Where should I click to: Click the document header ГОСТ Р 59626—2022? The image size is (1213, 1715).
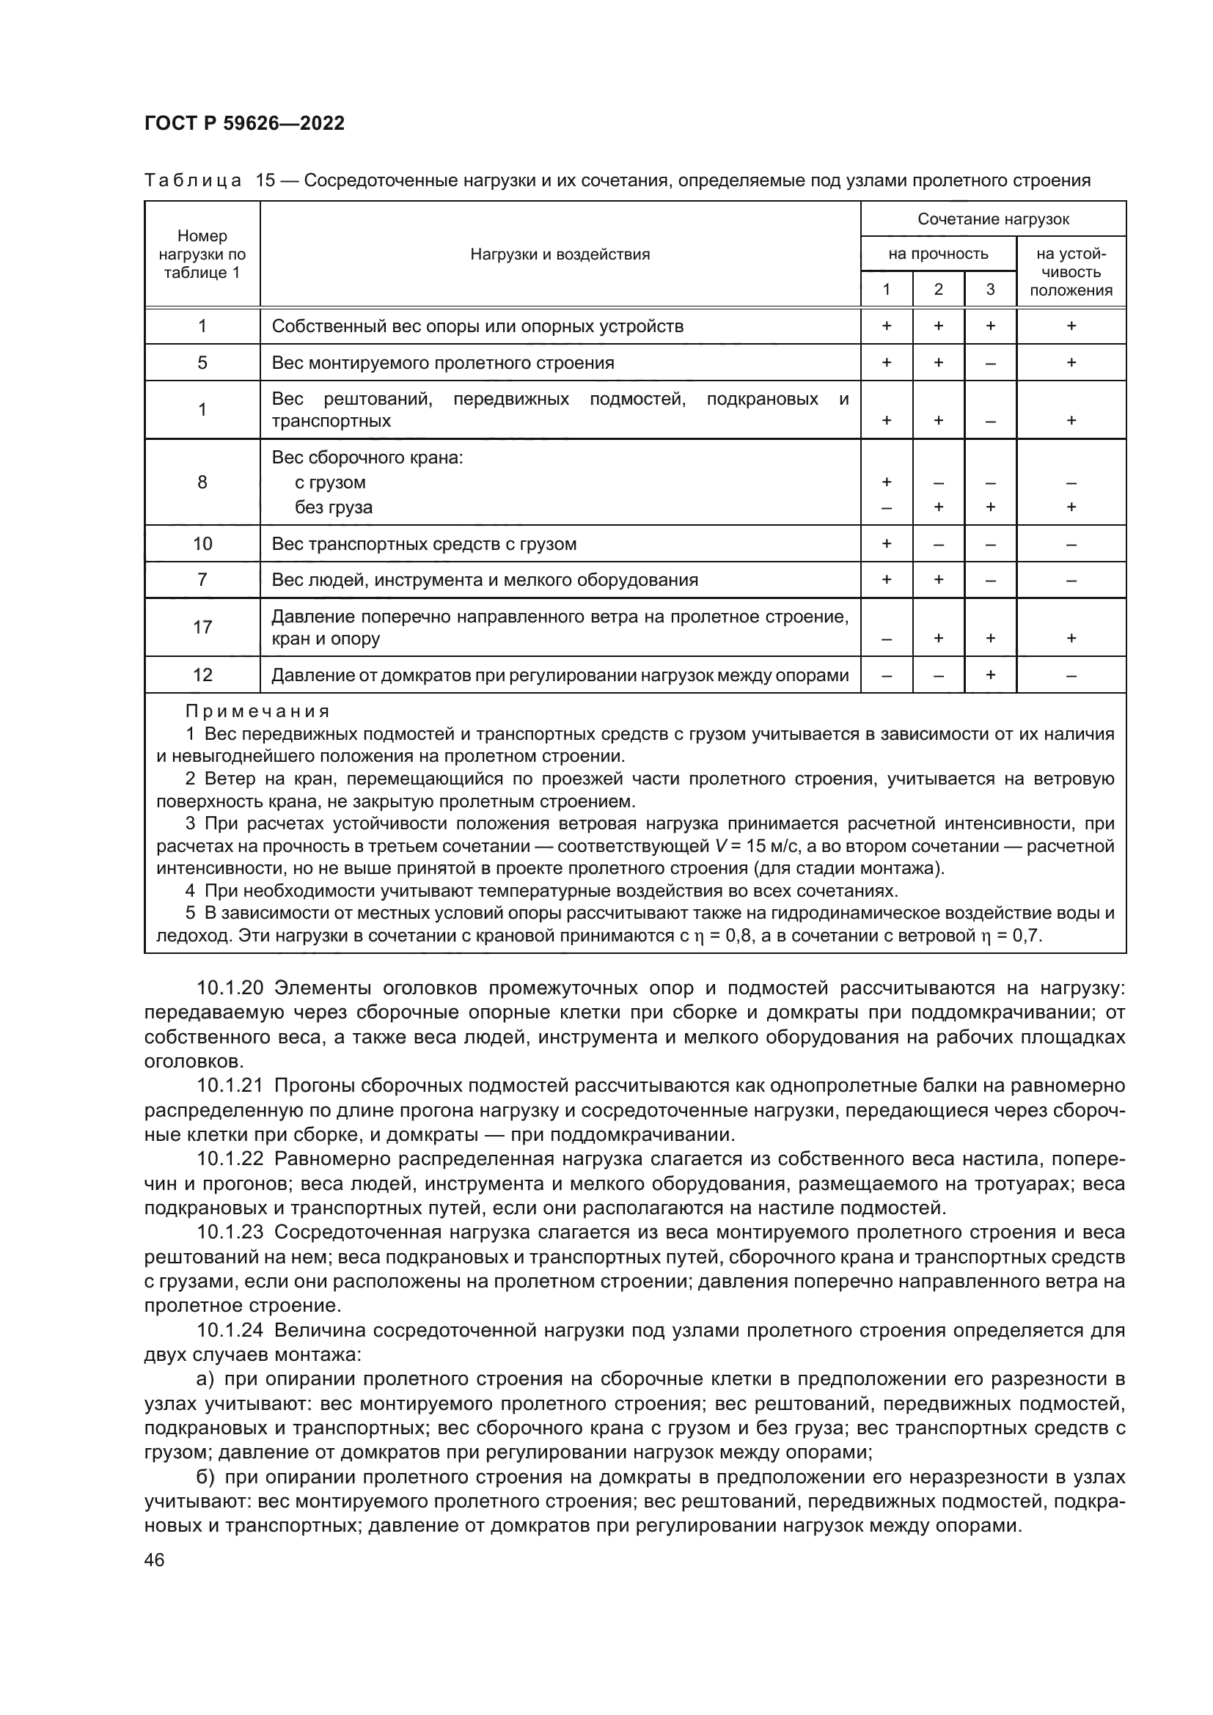(244, 124)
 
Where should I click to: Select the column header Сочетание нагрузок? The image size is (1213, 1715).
(993, 218)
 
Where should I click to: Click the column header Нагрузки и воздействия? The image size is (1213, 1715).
(560, 254)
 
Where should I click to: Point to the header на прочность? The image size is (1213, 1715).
(937, 254)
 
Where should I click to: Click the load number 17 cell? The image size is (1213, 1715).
(202, 627)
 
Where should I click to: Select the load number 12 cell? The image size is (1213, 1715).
(202, 675)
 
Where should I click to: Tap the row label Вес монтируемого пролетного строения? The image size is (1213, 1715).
(443, 363)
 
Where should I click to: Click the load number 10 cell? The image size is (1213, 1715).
(202, 544)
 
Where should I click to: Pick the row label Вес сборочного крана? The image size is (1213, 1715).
(367, 457)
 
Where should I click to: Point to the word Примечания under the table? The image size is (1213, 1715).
(257, 711)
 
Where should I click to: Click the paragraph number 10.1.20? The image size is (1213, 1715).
(230, 988)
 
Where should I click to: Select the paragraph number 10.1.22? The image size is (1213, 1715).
(230, 1159)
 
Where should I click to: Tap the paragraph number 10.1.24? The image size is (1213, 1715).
(230, 1330)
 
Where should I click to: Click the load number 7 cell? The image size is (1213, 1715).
(202, 581)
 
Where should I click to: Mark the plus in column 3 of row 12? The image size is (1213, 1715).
(989, 675)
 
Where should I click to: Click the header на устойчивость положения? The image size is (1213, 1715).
(1070, 272)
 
